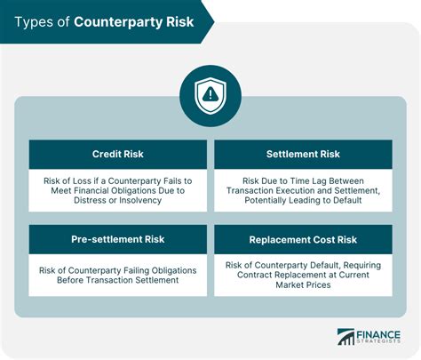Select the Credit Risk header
pos(117,154)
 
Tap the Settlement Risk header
pos(302,154)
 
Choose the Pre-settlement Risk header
pos(117,240)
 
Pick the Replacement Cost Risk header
pos(302,240)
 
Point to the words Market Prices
pos(302,285)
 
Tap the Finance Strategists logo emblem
pos(346,337)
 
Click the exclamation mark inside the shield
pos(210,92)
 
